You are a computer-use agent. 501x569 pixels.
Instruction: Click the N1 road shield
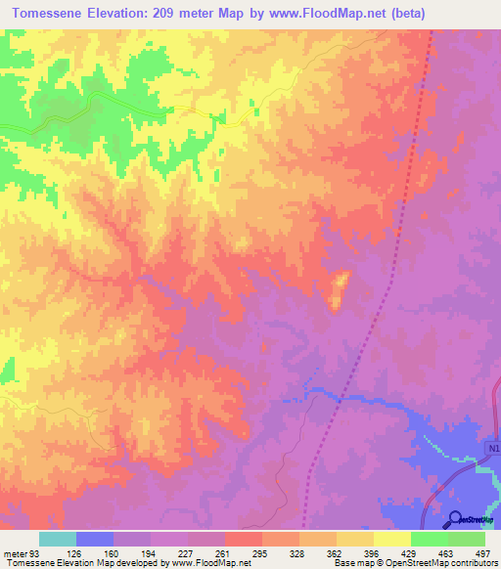(492, 448)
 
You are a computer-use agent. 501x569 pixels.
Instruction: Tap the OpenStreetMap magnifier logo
(455, 518)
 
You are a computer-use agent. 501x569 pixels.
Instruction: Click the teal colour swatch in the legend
(58, 539)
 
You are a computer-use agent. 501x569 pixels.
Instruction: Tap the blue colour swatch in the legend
(95, 539)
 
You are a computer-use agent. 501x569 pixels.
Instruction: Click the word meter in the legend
(14, 552)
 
